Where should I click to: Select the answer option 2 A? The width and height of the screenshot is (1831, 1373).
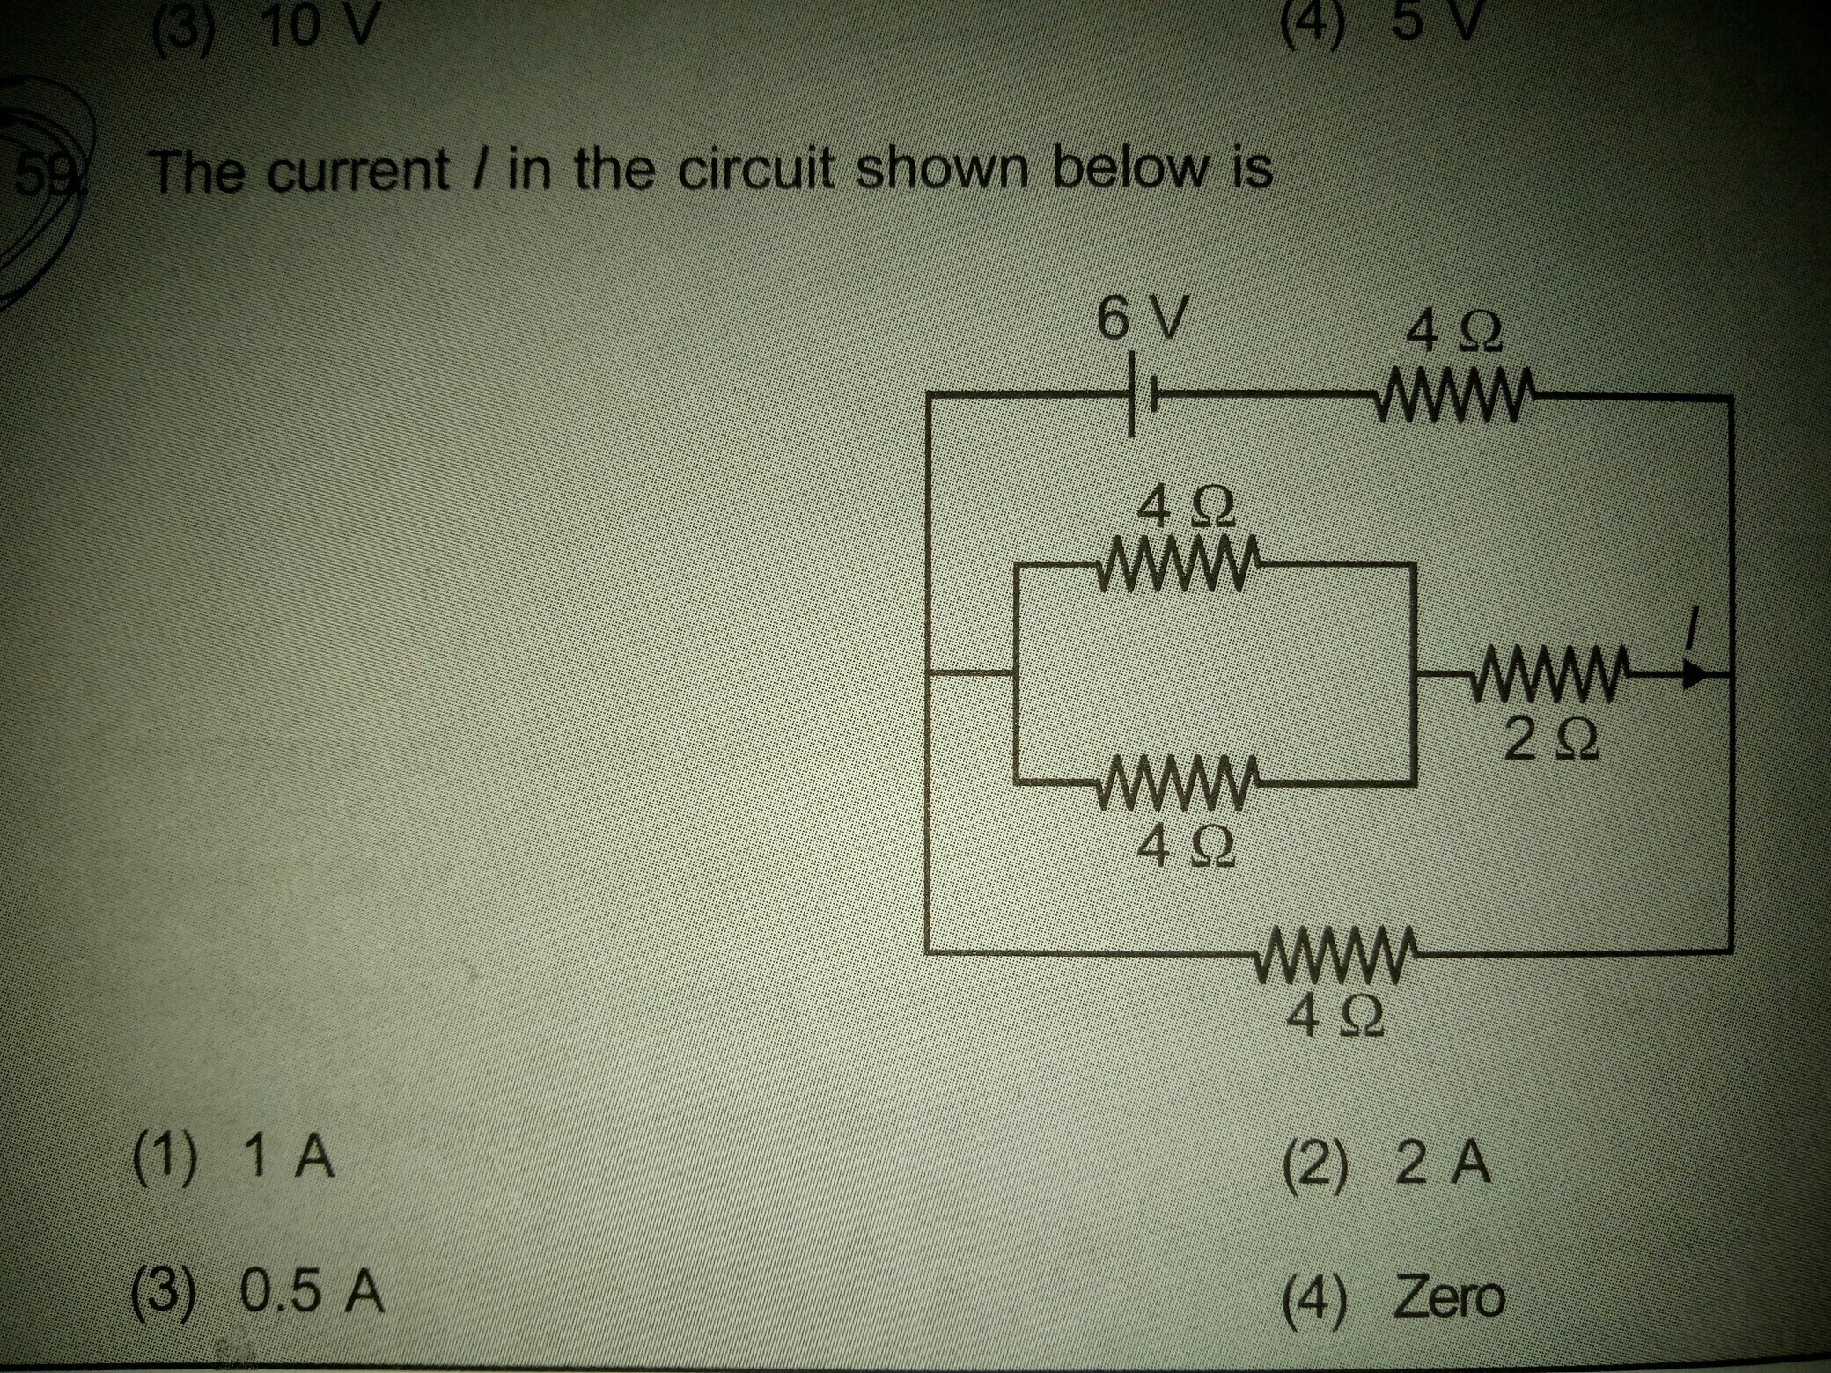click(1386, 1164)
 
